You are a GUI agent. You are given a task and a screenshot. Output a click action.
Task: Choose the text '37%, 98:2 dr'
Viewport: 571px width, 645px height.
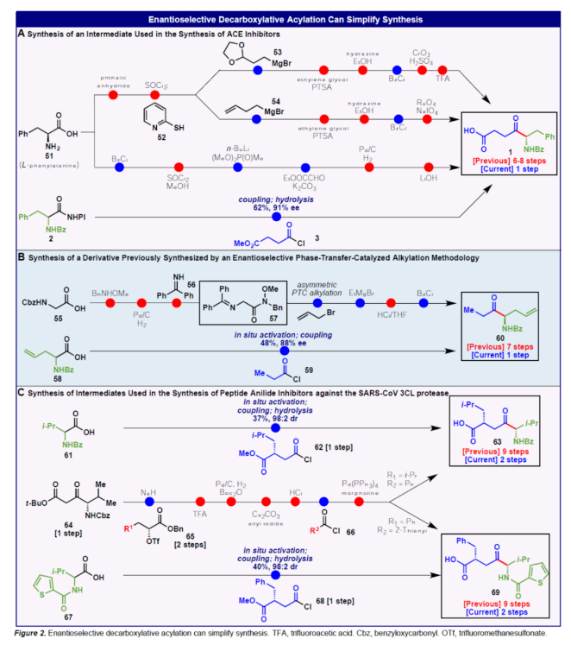click(275, 418)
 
